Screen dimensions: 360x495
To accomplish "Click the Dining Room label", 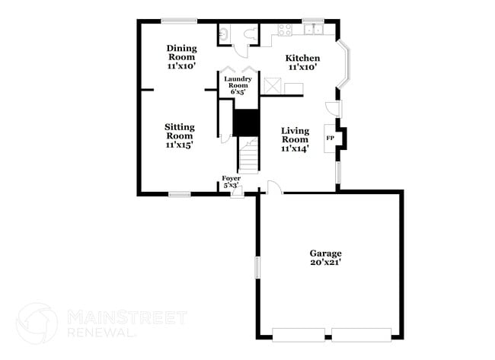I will [x=181, y=57].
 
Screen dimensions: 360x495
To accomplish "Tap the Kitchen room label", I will [x=302, y=62].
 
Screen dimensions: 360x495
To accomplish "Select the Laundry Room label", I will [x=238, y=84].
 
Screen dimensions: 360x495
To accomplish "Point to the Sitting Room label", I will [x=180, y=135].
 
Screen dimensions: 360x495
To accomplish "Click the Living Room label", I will [x=295, y=139].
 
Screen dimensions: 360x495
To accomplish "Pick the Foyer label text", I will [x=231, y=181].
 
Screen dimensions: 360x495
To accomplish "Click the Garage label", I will [x=325, y=257].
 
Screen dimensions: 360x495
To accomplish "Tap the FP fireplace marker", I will [x=331, y=138].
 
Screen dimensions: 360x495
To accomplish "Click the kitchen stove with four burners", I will [x=286, y=30].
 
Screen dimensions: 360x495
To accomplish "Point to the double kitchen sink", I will [x=312, y=30].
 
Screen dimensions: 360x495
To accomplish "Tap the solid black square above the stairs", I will [x=245, y=123].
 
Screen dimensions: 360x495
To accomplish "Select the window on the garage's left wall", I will [x=257, y=268].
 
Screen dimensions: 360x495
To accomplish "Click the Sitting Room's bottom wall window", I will [x=180, y=195].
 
